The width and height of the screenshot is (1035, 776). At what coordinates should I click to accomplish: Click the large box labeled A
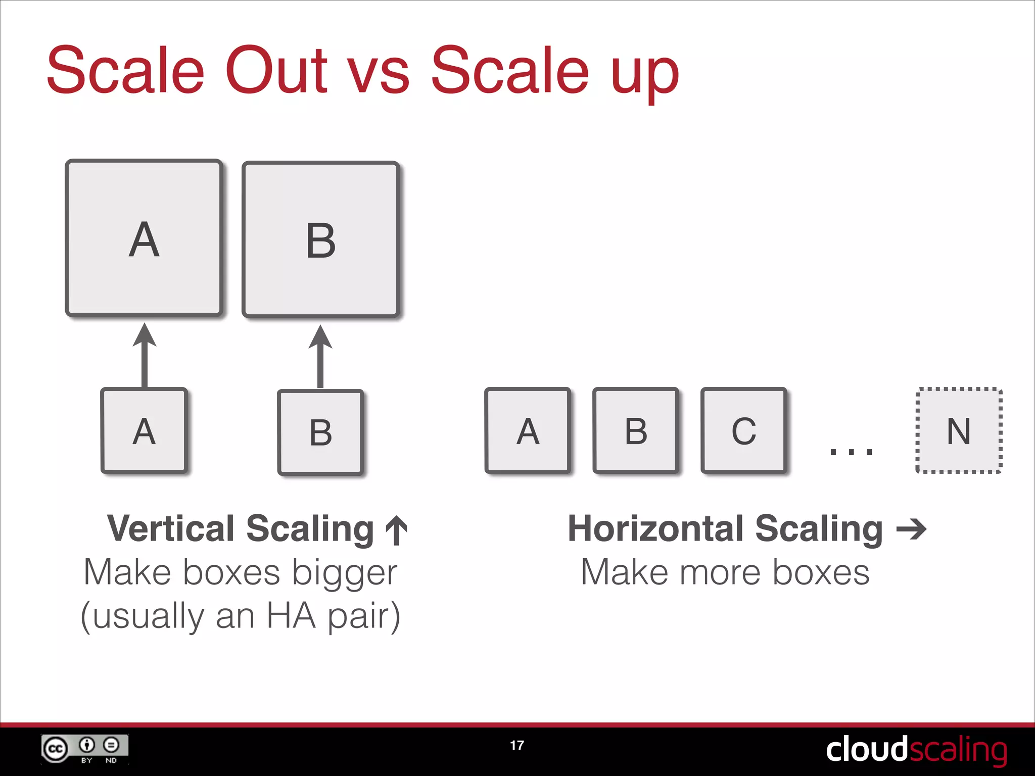click(x=144, y=238)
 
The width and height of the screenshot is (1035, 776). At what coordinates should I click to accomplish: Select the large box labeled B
click(x=321, y=239)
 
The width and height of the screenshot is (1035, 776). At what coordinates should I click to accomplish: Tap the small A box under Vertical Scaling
click(x=144, y=430)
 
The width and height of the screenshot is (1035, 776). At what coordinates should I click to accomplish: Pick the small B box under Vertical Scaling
click(x=320, y=432)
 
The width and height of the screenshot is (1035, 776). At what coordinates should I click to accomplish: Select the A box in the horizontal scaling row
click(x=528, y=430)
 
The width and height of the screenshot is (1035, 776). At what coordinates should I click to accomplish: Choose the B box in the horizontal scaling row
click(x=636, y=430)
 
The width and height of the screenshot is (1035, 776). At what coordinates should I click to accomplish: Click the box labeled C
click(x=743, y=430)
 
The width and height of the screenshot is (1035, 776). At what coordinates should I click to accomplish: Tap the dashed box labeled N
click(x=959, y=430)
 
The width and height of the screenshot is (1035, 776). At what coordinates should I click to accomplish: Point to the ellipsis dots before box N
click(x=852, y=451)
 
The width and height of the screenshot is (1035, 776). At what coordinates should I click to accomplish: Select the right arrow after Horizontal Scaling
click(x=911, y=529)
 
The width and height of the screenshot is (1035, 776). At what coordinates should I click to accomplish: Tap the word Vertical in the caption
click(x=171, y=528)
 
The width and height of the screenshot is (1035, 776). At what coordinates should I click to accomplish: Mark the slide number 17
click(x=517, y=745)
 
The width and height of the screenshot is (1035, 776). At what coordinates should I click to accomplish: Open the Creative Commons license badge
click(x=85, y=749)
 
